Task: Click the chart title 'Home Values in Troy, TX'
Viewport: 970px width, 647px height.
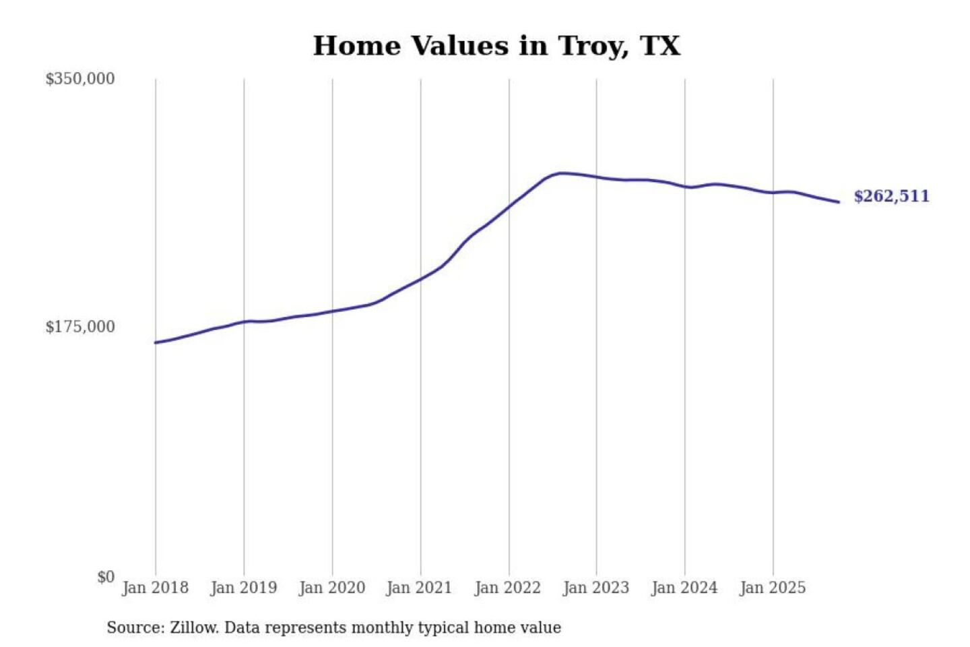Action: coord(496,46)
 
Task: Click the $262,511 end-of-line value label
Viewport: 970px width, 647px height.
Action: coord(891,196)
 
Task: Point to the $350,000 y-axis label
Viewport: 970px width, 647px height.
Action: coord(80,79)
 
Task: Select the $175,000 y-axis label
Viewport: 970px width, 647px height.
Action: coord(80,327)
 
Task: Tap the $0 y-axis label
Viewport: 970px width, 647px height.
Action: coord(106,577)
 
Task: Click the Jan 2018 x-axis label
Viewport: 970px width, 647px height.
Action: coord(155,588)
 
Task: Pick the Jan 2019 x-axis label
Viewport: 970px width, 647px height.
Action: coord(243,588)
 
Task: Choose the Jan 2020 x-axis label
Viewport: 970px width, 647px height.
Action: coord(331,588)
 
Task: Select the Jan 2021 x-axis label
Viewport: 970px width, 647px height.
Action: coord(419,588)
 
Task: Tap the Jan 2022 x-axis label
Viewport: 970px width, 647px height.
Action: coord(507,588)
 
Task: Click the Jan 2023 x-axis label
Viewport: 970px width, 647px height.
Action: coord(595,588)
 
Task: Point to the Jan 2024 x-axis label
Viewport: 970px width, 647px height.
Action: coord(684,588)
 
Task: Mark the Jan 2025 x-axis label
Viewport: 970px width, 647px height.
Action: coord(772,588)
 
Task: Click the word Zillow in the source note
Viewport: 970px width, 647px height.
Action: coord(193,627)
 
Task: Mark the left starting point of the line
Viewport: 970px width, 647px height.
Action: coord(156,342)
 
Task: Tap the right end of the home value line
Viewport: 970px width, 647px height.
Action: coord(838,202)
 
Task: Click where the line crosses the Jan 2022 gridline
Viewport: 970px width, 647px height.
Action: coord(509,206)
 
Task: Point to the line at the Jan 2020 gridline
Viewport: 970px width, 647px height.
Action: coord(332,311)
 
